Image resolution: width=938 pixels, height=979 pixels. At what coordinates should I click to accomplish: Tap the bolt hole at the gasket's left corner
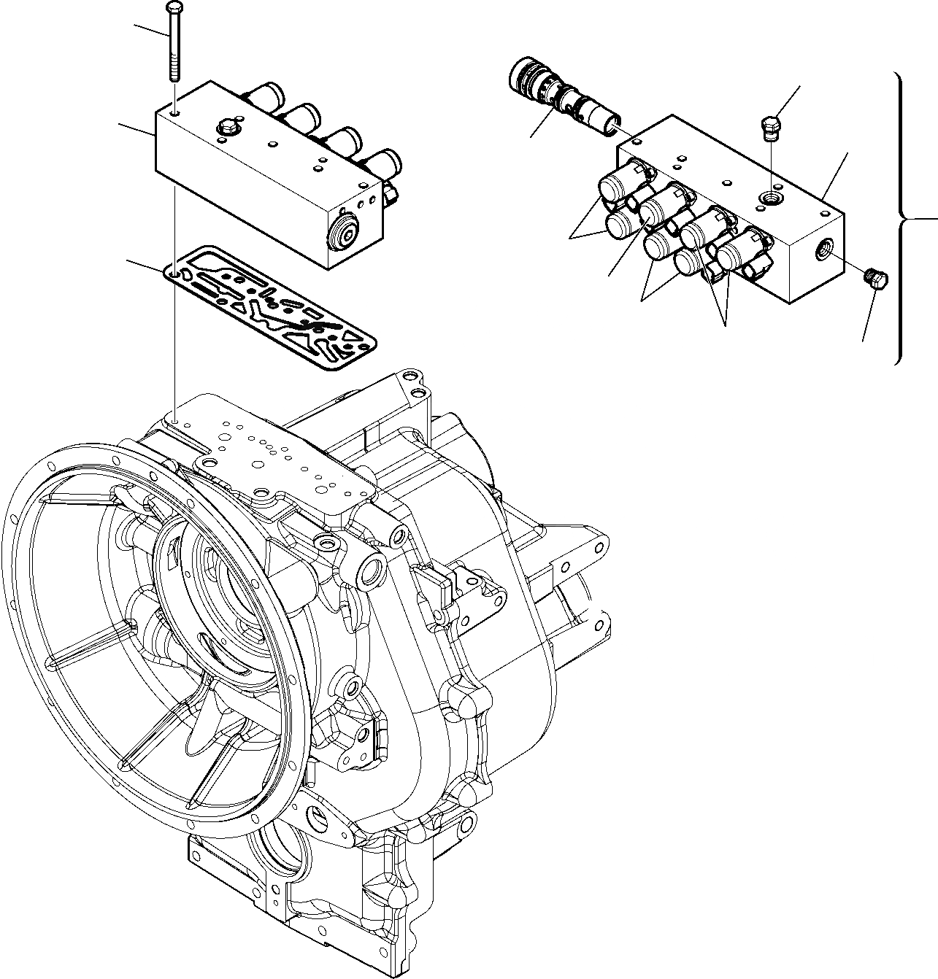173,274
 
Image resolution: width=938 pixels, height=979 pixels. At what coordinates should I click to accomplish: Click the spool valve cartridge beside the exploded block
562,95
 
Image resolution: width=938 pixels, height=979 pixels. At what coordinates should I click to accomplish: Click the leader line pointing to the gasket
146,266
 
